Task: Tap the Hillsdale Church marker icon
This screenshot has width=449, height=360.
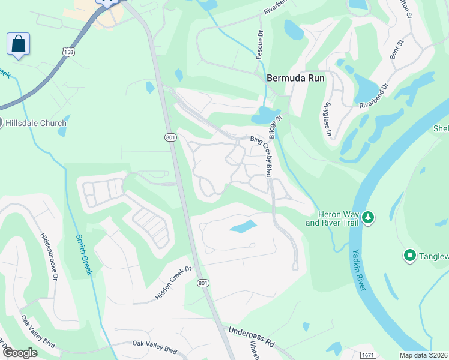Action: pyautogui.click(x=1, y=123)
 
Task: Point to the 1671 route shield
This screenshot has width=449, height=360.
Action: pyautogui.click(x=369, y=355)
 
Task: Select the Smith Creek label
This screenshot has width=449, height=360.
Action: pyautogui.click(x=83, y=254)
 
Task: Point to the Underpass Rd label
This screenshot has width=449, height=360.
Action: pyautogui.click(x=251, y=337)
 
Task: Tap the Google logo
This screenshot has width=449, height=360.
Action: pyautogui.click(x=19, y=353)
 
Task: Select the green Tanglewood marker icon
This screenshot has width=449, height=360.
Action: pyautogui.click(x=411, y=256)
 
